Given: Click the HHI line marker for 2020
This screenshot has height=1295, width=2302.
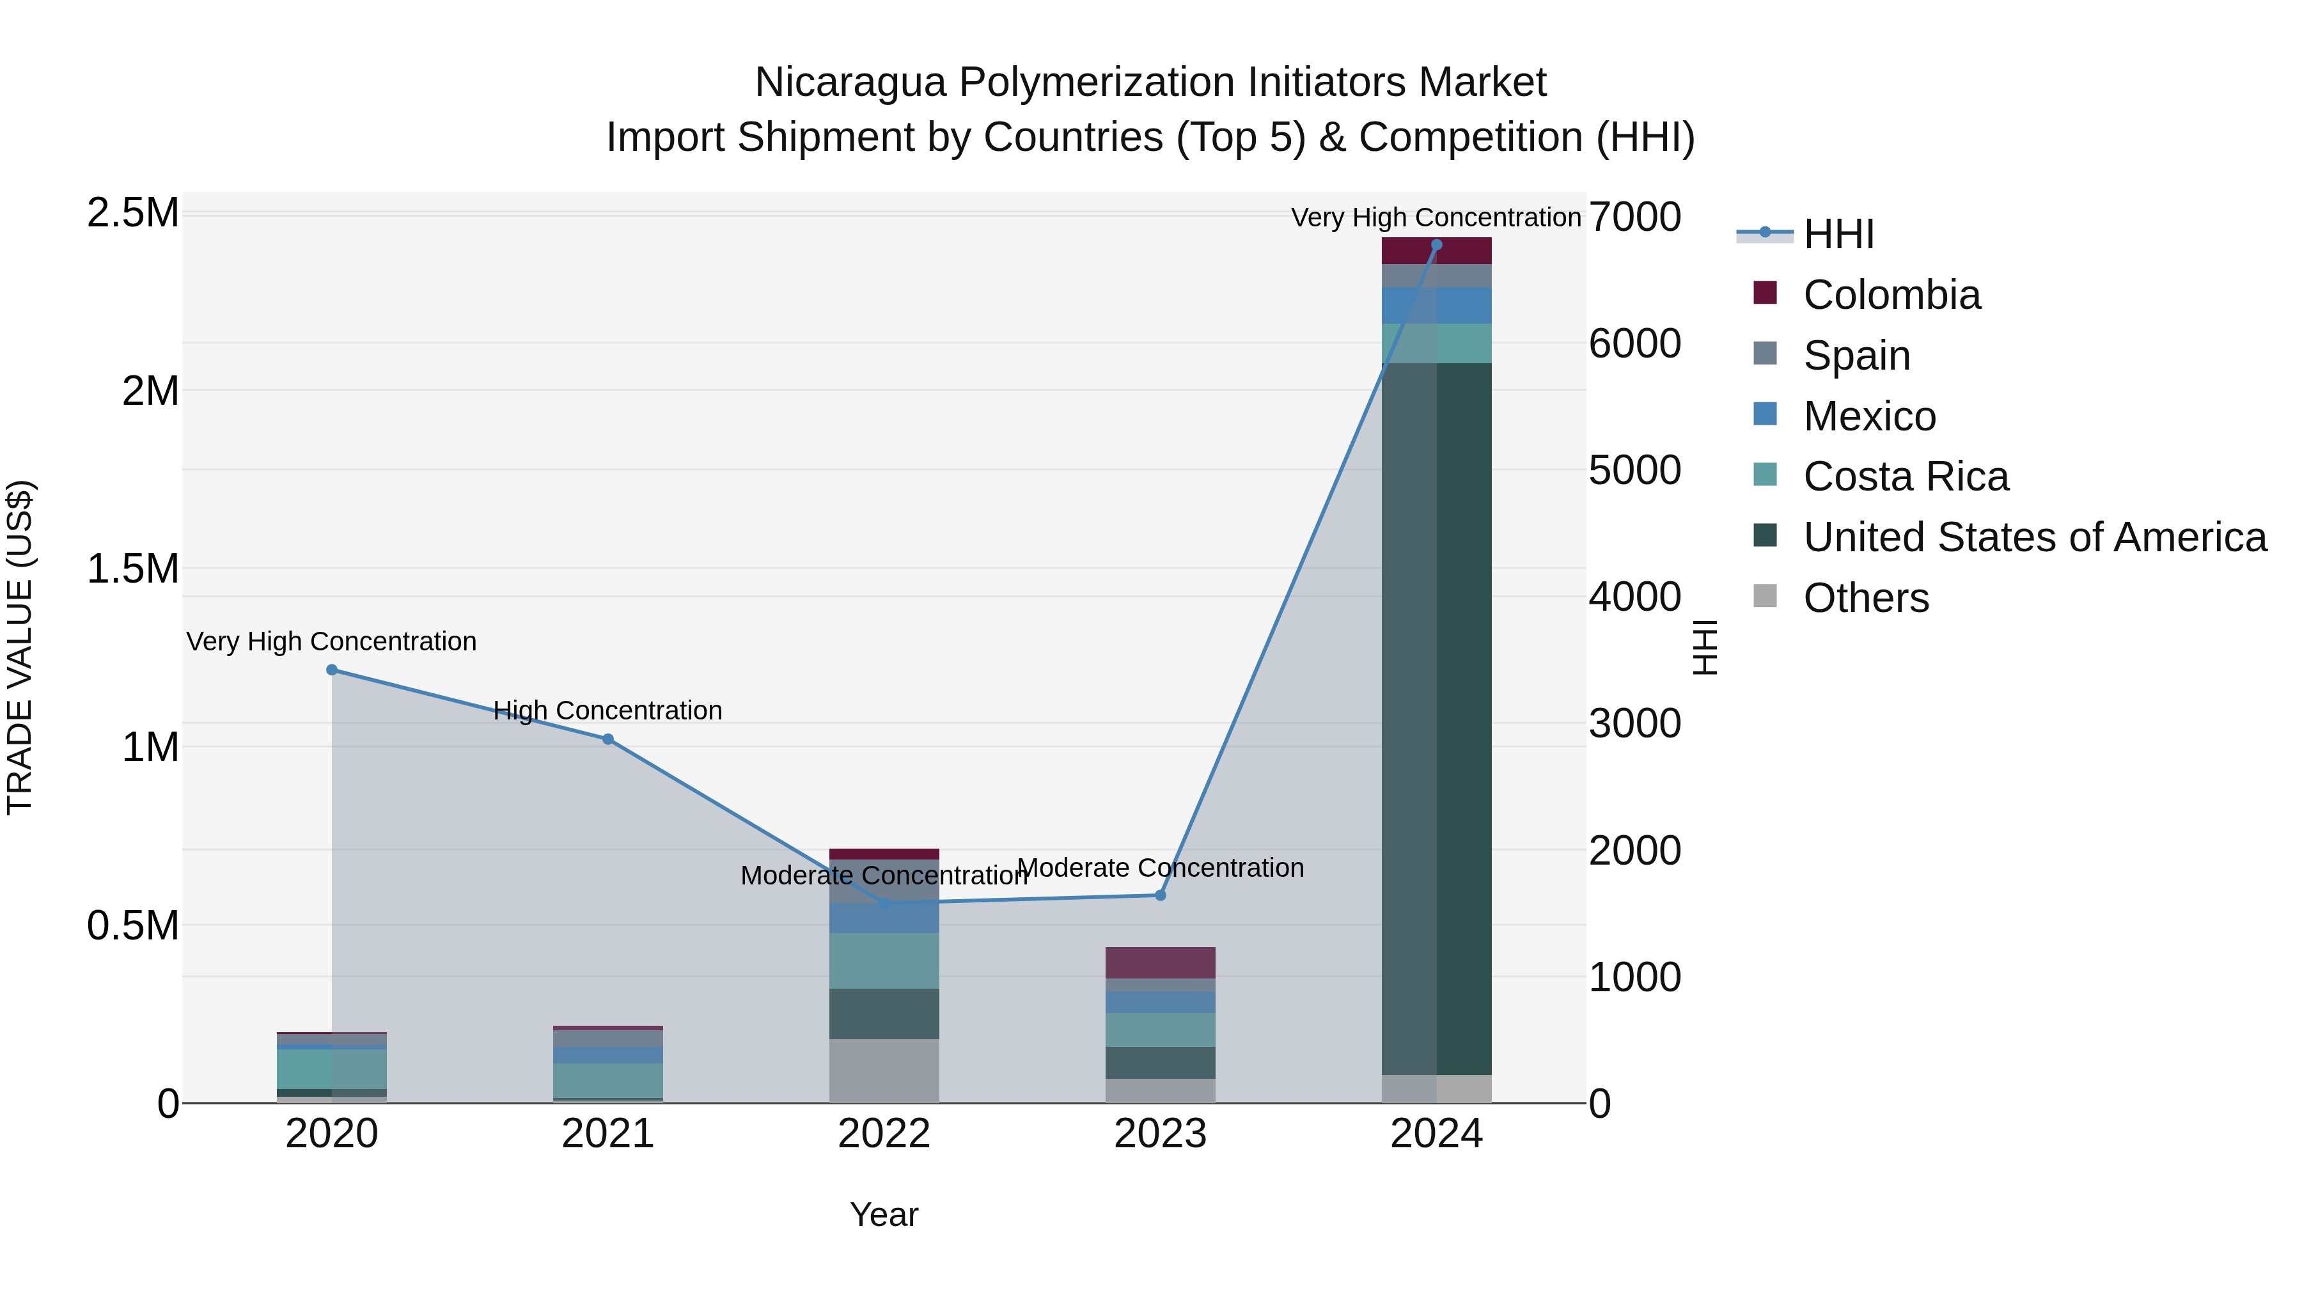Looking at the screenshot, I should [x=331, y=670].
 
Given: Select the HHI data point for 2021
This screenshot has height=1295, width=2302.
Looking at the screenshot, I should [x=607, y=739].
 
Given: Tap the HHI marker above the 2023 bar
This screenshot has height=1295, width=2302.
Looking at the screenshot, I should [x=1160, y=895].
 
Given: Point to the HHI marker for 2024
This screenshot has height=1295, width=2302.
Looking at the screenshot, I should [x=1436, y=244].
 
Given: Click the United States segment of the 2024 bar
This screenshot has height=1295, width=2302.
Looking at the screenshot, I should [x=1436, y=715].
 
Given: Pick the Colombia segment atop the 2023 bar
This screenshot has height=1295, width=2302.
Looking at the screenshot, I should [x=1160, y=962].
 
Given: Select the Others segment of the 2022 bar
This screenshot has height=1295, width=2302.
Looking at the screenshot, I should [x=884, y=1070].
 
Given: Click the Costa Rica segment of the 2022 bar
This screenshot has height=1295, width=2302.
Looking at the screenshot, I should [x=884, y=961].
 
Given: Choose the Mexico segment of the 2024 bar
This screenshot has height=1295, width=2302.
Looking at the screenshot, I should [x=1436, y=306].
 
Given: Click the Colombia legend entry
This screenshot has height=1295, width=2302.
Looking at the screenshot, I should [x=1891, y=295].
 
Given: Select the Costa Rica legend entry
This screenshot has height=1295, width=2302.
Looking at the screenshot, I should [x=1906, y=476].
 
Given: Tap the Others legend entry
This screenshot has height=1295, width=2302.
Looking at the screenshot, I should [x=1866, y=598].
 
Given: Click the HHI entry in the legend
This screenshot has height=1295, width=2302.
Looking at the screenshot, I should [x=1838, y=234].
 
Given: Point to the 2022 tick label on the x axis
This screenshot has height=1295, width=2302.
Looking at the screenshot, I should [x=884, y=1134].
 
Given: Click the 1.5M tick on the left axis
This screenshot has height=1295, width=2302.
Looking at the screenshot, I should [x=133, y=569].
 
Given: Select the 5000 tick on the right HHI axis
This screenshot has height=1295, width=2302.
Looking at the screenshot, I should [x=1634, y=470].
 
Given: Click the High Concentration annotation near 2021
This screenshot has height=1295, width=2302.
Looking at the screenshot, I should [x=607, y=710].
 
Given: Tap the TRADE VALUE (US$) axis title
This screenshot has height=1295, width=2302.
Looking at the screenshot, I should [x=20, y=647].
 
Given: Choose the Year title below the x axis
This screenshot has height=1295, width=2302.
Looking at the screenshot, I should [x=884, y=1214].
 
